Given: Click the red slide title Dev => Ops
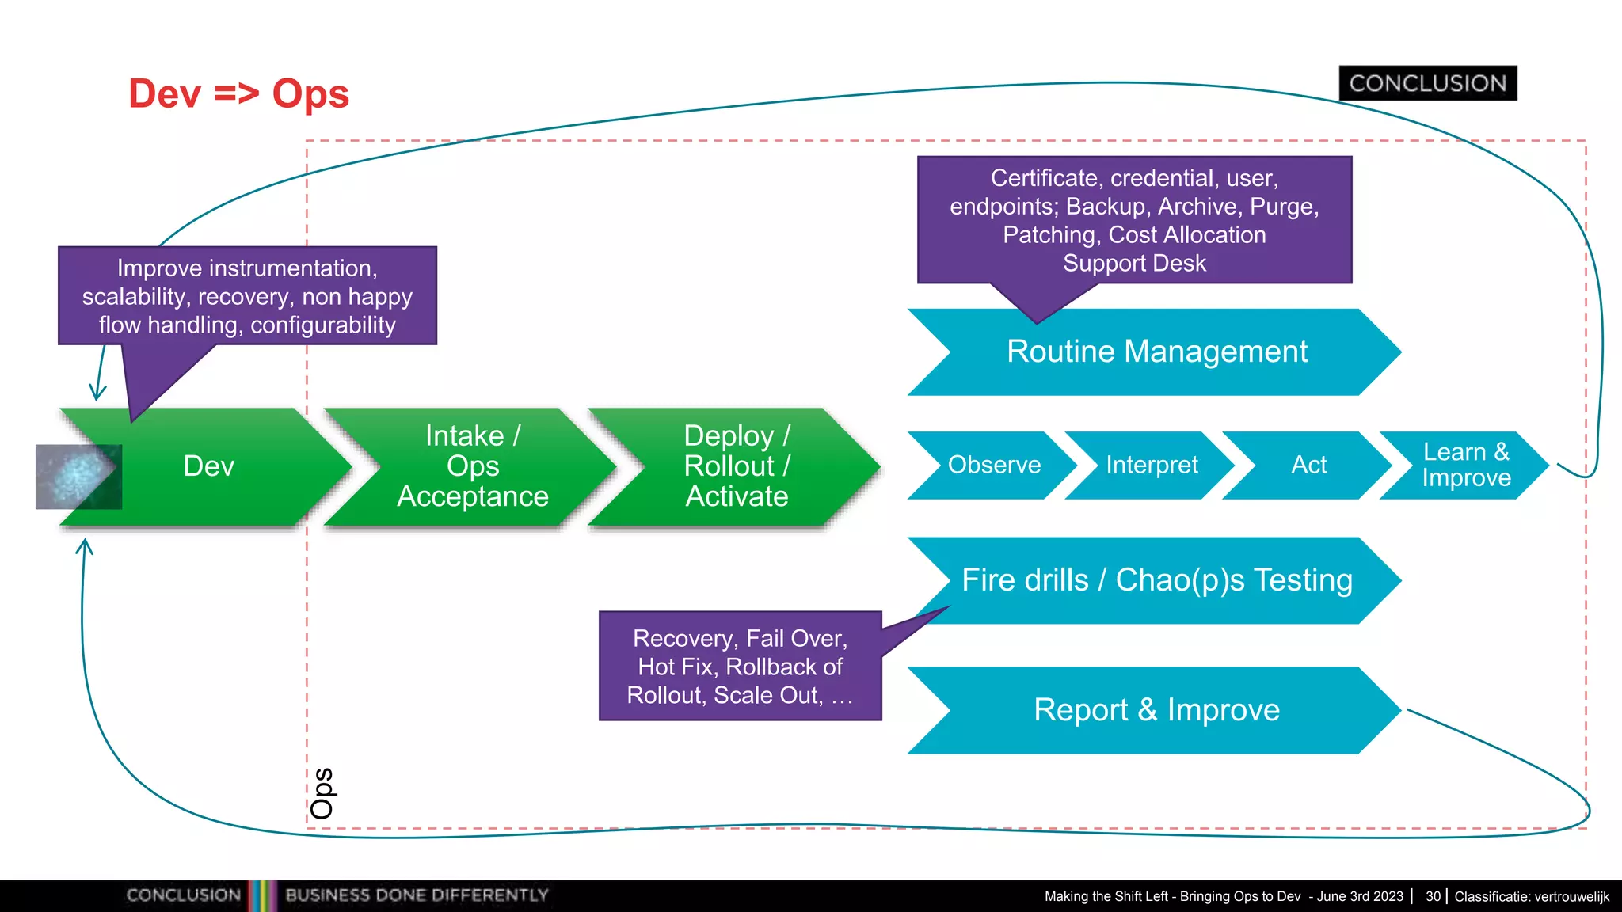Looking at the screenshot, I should pyautogui.click(x=238, y=93).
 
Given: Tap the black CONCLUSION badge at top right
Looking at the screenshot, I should pyautogui.click(x=1427, y=83).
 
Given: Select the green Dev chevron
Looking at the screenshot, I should pyautogui.click(x=209, y=465).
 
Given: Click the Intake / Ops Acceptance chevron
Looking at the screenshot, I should pyautogui.click(x=473, y=465).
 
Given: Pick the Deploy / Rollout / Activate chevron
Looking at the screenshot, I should pyautogui.click(x=737, y=465).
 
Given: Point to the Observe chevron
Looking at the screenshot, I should pyautogui.click(x=994, y=465).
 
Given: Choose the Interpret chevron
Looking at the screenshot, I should pyautogui.click(x=1152, y=465).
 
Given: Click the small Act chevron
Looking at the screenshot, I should pyautogui.click(x=1308, y=465).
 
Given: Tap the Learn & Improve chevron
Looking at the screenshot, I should pyautogui.click(x=1465, y=465).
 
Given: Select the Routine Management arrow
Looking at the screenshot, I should pyautogui.click(x=1156, y=351).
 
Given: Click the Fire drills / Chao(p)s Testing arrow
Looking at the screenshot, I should pyautogui.click(x=1156, y=580).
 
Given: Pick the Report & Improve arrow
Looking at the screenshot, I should pyautogui.click(x=1156, y=710).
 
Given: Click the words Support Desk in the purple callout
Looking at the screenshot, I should pyautogui.click(x=1134, y=263).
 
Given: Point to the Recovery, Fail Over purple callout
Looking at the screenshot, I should pyautogui.click(x=740, y=667).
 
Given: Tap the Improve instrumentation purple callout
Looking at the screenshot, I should pyautogui.click(x=247, y=296).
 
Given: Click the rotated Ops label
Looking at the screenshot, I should pyautogui.click(x=322, y=793).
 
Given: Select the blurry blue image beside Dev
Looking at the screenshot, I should pyautogui.click(x=78, y=477).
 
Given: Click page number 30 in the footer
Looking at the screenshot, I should pyautogui.click(x=1433, y=896).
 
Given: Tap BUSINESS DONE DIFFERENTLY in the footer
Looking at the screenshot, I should pyautogui.click(x=417, y=895).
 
